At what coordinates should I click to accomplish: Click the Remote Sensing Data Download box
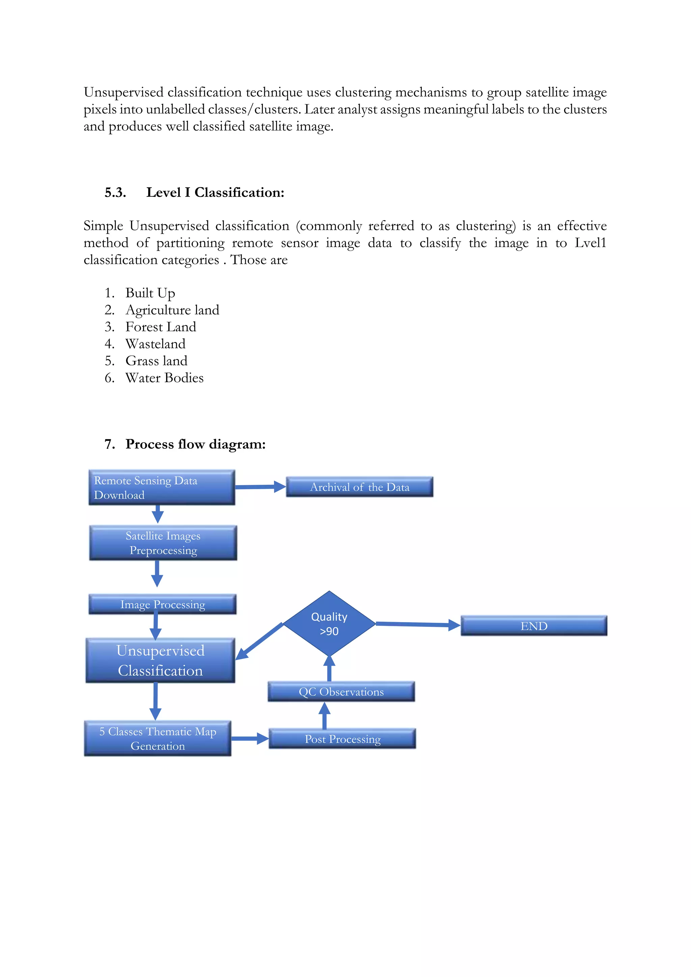(162, 487)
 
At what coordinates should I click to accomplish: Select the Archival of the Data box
(360, 487)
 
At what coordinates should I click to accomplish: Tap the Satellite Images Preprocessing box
(163, 543)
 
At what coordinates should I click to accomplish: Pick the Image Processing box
(163, 604)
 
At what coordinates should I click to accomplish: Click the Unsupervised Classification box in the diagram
(160, 661)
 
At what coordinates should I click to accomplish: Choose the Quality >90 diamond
(329, 624)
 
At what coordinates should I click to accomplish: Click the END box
(534, 626)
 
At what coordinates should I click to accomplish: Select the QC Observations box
(341, 692)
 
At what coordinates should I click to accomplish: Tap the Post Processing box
(342, 739)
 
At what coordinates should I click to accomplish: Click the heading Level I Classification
(215, 192)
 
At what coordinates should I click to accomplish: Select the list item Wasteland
(155, 344)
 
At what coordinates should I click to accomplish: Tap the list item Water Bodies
(164, 378)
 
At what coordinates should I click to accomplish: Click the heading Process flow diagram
(195, 444)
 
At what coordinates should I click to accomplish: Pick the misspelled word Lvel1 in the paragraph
(590, 243)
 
